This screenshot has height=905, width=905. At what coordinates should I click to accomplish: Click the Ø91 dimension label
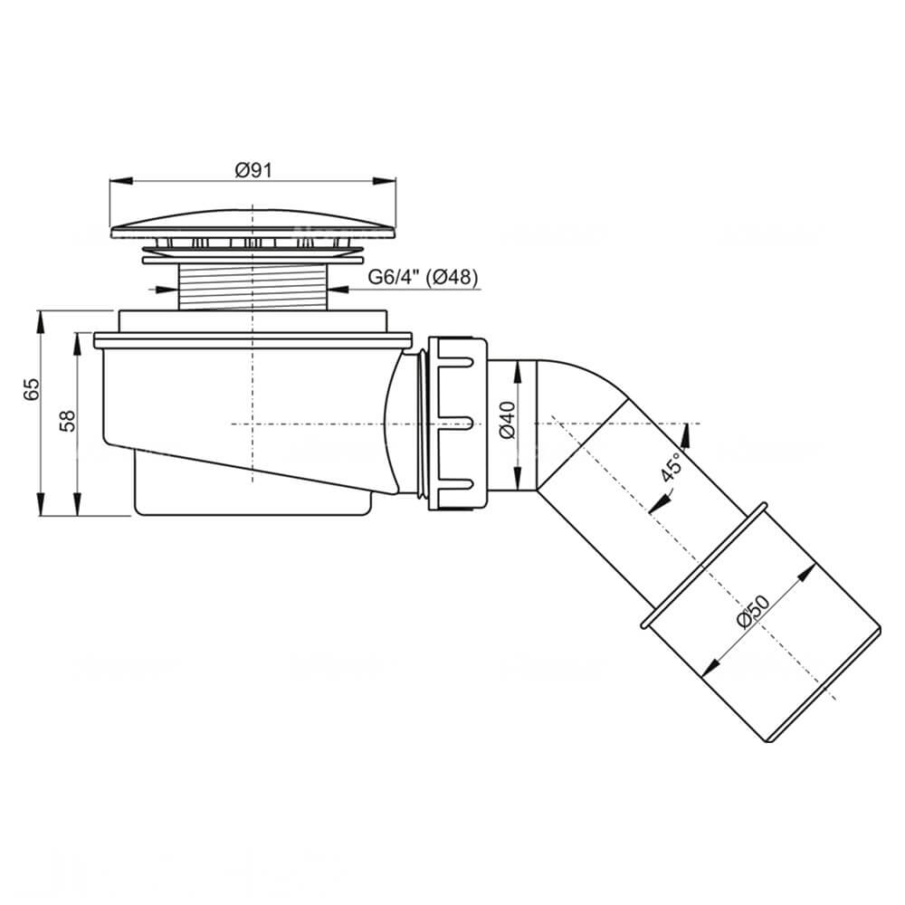point(252,170)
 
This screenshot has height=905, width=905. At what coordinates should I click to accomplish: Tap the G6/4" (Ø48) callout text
point(423,278)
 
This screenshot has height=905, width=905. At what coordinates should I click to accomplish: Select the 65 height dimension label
point(32,389)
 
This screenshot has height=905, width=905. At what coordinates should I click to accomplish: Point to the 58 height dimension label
point(68,422)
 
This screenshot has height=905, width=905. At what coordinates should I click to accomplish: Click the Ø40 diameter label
point(508,420)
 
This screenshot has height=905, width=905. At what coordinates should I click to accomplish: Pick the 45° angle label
point(672,466)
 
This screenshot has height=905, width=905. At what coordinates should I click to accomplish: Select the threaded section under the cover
point(252,287)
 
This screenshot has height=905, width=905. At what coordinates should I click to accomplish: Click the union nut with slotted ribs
point(458,424)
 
